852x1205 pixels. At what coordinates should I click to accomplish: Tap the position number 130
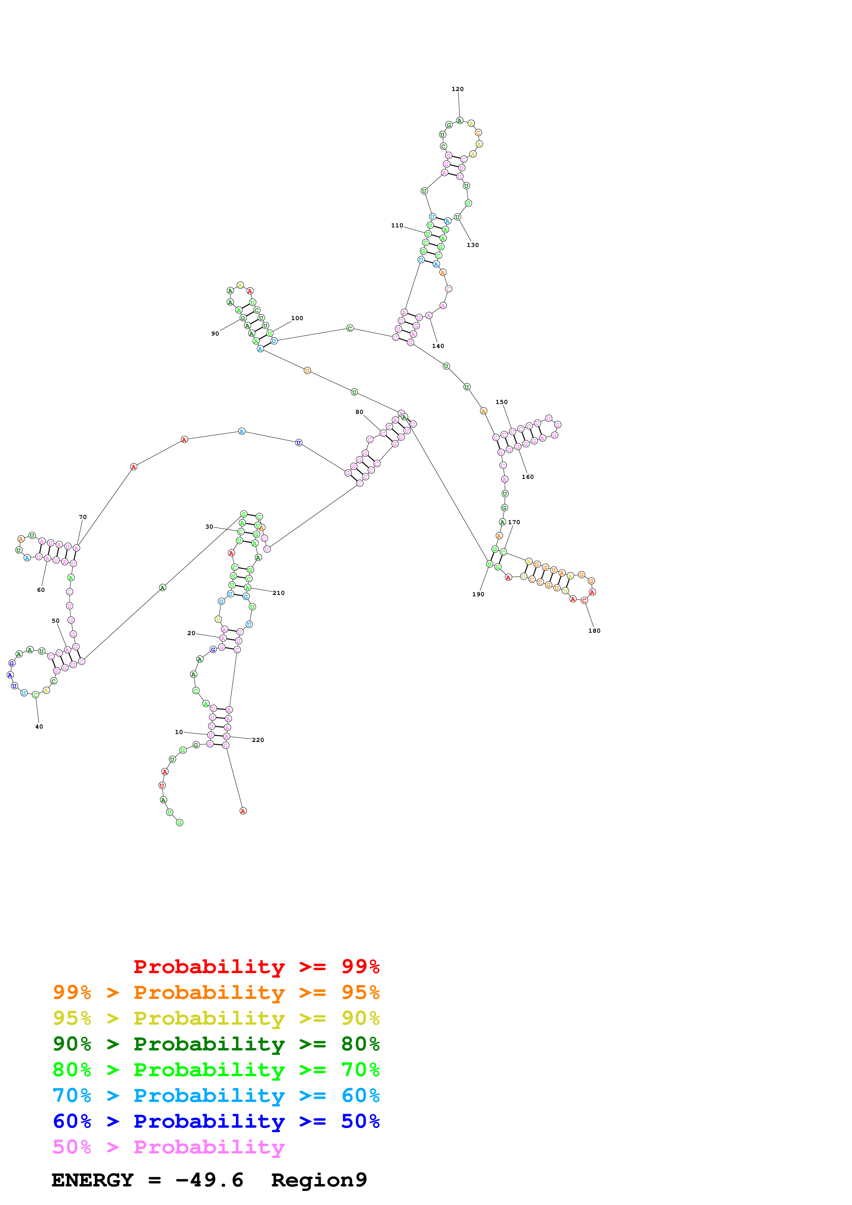473,245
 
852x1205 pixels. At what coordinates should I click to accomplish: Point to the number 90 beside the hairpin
215,334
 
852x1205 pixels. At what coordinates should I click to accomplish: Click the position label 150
501,402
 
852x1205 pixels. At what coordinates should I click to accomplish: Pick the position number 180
594,631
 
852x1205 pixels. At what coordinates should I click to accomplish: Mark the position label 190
478,595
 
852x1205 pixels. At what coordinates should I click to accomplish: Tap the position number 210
278,593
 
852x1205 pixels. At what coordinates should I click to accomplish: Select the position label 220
258,740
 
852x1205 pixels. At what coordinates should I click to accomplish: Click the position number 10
178,732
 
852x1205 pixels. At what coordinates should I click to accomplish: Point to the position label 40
39,727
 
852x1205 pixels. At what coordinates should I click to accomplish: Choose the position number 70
82,517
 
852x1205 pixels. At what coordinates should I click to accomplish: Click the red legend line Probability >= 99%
256,967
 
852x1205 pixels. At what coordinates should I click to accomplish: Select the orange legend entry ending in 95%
216,992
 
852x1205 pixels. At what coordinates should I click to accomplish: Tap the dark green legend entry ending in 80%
216,1044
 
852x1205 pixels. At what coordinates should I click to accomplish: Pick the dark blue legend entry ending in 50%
216,1121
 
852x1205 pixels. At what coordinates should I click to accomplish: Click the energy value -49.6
209,1180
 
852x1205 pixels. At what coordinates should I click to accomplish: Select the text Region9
319,1180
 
